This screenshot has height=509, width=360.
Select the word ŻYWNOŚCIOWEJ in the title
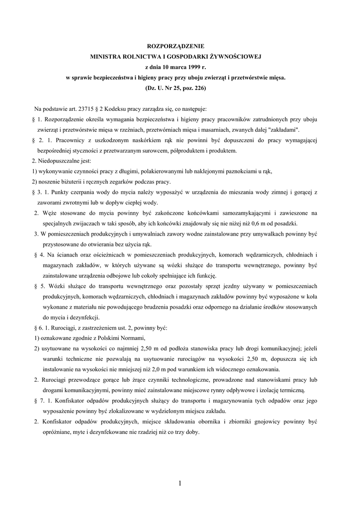pos(240,57)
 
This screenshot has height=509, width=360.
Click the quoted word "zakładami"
pos(283,130)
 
